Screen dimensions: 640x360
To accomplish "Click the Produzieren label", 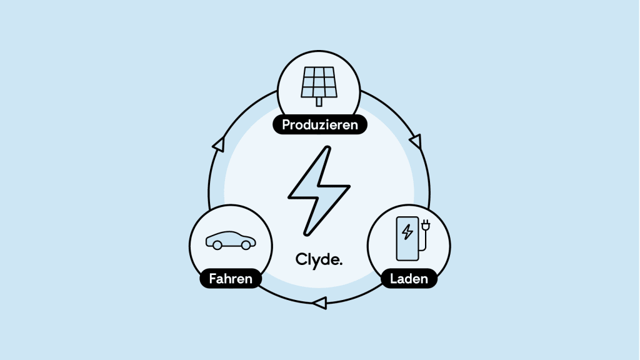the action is (x=320, y=124).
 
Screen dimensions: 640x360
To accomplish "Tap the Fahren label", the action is (x=231, y=278).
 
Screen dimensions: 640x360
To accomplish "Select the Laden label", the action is (x=409, y=278).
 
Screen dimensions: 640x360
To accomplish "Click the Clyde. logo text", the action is (x=319, y=260).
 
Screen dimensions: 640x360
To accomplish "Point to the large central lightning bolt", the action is (x=319, y=191).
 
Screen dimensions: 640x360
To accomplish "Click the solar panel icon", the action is (x=319, y=86).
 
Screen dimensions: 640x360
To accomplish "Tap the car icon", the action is (x=231, y=241).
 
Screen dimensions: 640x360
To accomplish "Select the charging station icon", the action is (x=413, y=239).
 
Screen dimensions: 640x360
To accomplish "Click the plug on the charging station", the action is (x=426, y=225).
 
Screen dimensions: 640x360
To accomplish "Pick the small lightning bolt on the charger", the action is (x=407, y=232).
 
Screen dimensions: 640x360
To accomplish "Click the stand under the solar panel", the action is (x=319, y=102).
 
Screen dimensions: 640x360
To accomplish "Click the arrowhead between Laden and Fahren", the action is (x=319, y=303).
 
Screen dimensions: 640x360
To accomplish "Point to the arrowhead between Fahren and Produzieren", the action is (x=219, y=144).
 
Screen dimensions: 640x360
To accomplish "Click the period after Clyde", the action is (x=341, y=264).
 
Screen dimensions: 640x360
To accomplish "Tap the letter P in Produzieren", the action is (x=286, y=124).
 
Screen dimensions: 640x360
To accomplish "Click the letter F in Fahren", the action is (x=212, y=279).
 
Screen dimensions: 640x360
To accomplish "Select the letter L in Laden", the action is (x=394, y=279).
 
